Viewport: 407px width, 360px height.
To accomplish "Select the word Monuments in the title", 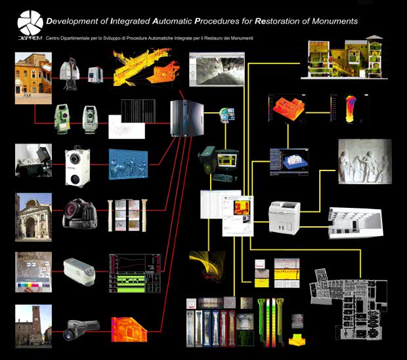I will point(335,21).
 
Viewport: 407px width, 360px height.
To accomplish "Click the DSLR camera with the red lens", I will point(77,210).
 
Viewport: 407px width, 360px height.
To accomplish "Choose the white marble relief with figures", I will point(364,162).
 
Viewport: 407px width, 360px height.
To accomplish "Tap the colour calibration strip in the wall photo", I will point(30,286).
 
